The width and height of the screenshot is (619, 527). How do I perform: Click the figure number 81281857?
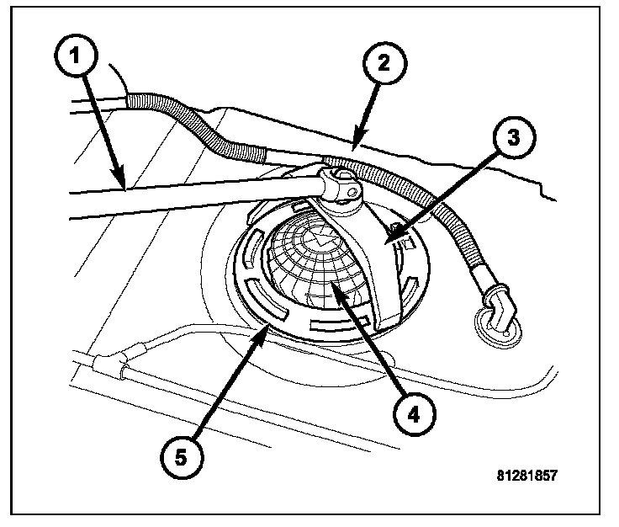click(x=526, y=474)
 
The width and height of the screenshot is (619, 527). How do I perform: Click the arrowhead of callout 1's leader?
click(x=124, y=188)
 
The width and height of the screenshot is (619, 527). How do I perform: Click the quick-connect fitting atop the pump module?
click(x=340, y=186)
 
